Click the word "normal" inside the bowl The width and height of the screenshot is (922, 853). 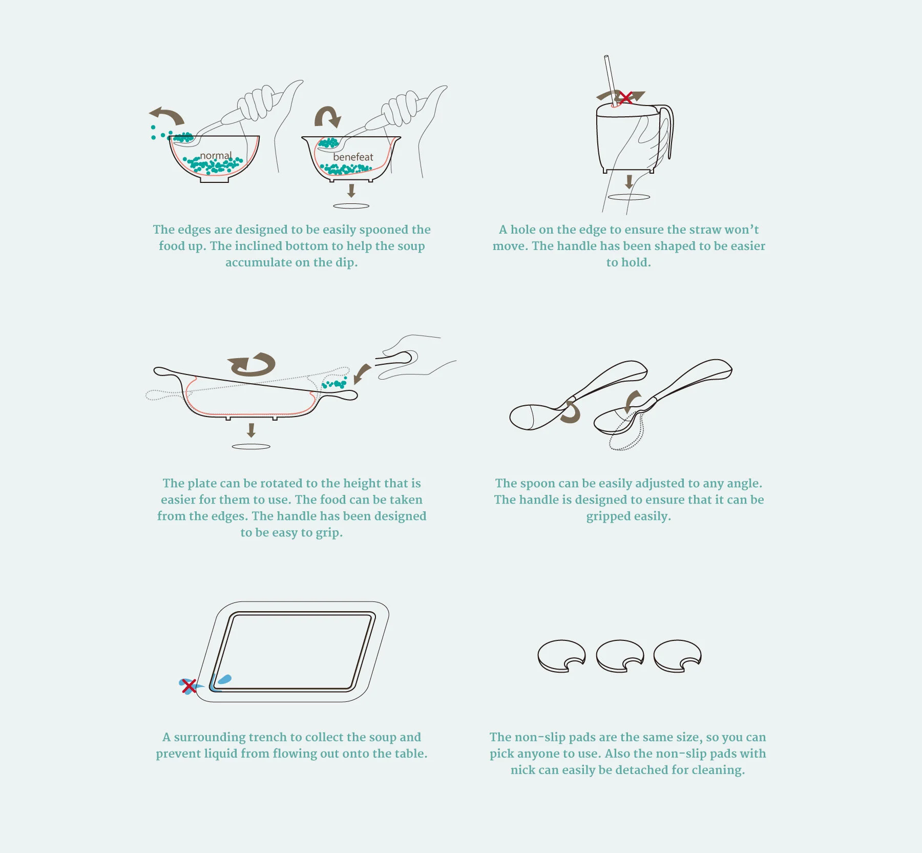pyautogui.click(x=216, y=155)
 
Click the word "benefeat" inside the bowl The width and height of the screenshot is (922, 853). pyautogui.click(x=353, y=157)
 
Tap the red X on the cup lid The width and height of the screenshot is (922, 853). pyautogui.click(x=625, y=97)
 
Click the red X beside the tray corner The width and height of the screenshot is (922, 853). pyautogui.click(x=189, y=686)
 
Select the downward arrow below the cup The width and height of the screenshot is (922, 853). pyautogui.click(x=629, y=181)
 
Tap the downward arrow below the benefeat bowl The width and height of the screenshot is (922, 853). pyautogui.click(x=351, y=191)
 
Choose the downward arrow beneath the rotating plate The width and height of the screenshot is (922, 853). pyautogui.click(x=251, y=430)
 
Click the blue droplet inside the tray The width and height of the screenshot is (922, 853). pyautogui.click(x=225, y=680)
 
